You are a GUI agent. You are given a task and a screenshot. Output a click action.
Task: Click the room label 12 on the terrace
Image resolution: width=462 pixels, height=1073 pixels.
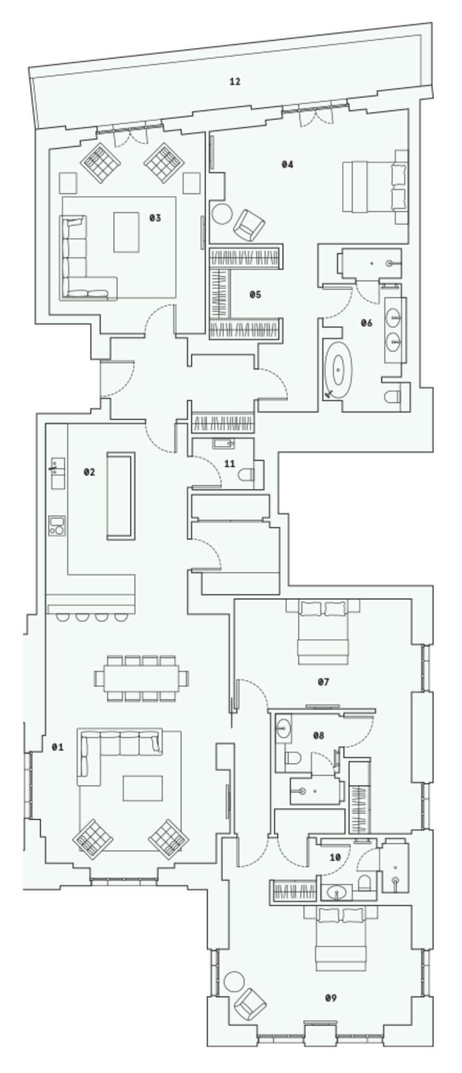coord(235,81)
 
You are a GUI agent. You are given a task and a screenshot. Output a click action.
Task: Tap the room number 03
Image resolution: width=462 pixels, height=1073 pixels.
coord(154,217)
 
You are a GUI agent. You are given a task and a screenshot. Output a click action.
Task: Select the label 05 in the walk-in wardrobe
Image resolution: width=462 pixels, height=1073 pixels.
coord(255,294)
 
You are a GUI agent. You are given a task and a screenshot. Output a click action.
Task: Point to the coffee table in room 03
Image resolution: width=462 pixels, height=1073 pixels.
coord(127,231)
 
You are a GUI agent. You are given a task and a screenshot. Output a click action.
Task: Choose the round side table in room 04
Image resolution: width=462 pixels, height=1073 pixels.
coord(222,213)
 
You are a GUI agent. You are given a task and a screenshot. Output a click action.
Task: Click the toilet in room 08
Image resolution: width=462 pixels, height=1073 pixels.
coord(292,758)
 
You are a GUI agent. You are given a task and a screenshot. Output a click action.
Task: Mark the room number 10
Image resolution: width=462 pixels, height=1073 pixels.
coord(335,857)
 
